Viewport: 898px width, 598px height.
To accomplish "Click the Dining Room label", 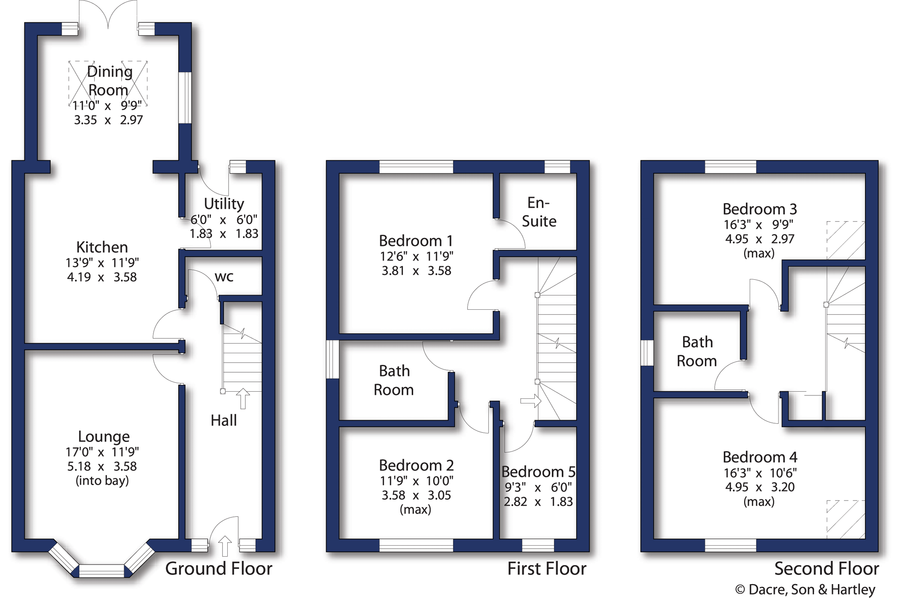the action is click(x=109, y=81).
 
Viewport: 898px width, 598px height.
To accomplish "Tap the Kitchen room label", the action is click(x=102, y=247).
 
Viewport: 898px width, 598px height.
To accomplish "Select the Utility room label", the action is click(x=224, y=204).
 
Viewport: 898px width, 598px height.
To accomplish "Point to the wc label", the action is click(x=224, y=277).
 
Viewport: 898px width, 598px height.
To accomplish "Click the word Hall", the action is click(x=223, y=420).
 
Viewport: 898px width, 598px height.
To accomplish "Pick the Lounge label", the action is click(x=104, y=436).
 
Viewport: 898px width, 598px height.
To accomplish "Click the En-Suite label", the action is click(x=539, y=212).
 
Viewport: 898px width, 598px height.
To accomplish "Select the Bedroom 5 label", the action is click(x=538, y=471).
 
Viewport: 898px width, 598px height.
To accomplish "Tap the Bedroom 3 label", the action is click(x=759, y=209).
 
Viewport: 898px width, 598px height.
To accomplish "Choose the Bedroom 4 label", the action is click(x=759, y=457).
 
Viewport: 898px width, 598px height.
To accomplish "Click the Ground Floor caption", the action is click(x=218, y=568).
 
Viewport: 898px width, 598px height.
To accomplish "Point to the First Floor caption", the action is click(x=547, y=568).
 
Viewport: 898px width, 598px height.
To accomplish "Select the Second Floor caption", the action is click(x=827, y=568).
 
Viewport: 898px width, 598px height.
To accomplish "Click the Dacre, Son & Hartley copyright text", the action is click(x=805, y=589).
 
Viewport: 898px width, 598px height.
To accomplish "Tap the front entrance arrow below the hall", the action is click(x=225, y=546).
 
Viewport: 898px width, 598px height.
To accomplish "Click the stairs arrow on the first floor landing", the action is click(x=531, y=401).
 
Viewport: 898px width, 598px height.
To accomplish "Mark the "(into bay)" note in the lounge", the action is click(x=102, y=481).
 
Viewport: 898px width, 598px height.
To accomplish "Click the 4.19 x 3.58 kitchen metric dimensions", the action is click(x=102, y=277).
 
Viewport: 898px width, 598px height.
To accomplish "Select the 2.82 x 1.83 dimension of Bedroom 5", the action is click(x=538, y=502).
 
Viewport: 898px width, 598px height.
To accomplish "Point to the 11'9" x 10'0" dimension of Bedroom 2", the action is click(x=416, y=481).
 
